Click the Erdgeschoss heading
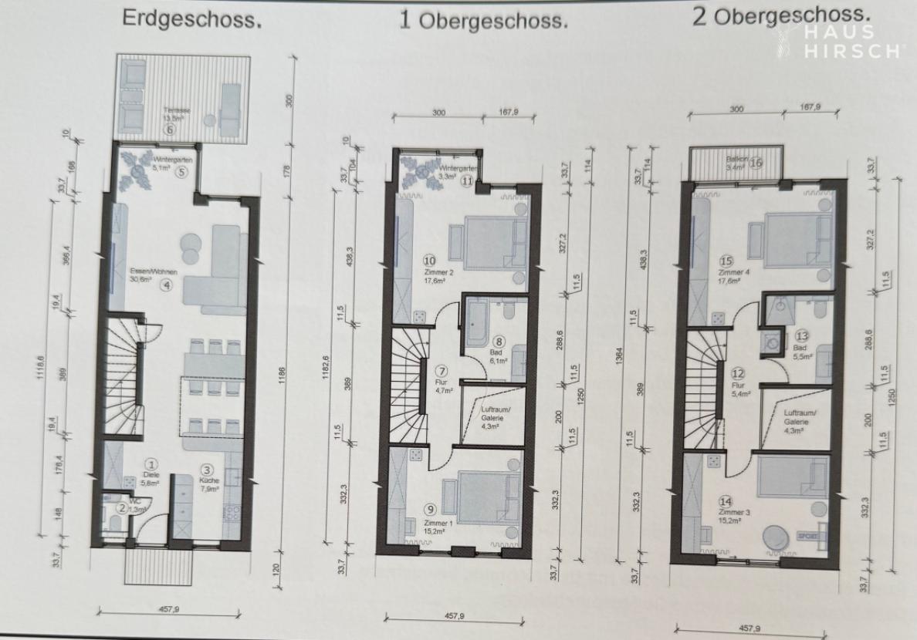click(x=192, y=19)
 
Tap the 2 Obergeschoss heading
click(x=781, y=15)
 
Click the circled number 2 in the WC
click(x=121, y=507)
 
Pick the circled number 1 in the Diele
click(x=152, y=464)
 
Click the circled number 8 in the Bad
click(x=499, y=341)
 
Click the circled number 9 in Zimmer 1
click(x=429, y=509)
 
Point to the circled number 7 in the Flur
click(x=442, y=371)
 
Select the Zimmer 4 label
click(x=729, y=273)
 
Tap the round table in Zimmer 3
click(x=774, y=537)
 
